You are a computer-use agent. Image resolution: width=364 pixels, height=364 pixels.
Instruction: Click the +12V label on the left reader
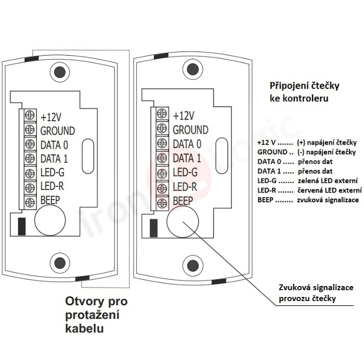pyautogui.click(x=51, y=116)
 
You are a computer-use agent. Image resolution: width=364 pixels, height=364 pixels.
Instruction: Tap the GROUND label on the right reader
pyautogui.click(x=190, y=130)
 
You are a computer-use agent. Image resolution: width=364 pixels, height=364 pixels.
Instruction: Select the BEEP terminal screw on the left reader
pyautogui.click(x=30, y=201)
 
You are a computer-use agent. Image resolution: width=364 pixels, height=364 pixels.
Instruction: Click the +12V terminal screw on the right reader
pyautogui.click(x=162, y=115)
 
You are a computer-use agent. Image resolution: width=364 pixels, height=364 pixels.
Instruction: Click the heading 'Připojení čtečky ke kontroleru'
pyautogui.click(x=298, y=91)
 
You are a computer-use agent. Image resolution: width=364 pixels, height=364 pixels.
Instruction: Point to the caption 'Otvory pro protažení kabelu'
pyautogui.click(x=96, y=315)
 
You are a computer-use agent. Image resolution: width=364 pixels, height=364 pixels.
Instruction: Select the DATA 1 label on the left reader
pyautogui.click(x=54, y=159)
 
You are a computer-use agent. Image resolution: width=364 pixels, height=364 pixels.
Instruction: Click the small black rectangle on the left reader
pyautogui.click(x=22, y=226)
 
